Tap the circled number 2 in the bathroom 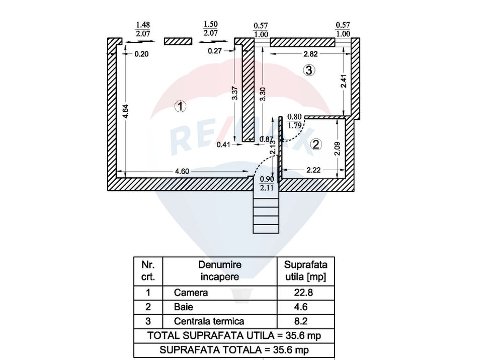pyautogui.click(x=315, y=145)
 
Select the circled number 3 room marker pyautogui.click(x=309, y=70)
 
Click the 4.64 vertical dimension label pyautogui.click(x=126, y=111)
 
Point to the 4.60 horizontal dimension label pyautogui.click(x=182, y=171)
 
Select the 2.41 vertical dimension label pyautogui.click(x=344, y=82)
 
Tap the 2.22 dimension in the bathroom pyautogui.click(x=313, y=171)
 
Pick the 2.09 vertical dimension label pyautogui.click(x=337, y=148)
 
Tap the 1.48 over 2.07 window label pyautogui.click(x=143, y=29)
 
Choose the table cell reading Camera pyautogui.click(x=191, y=293)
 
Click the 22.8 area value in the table pyautogui.click(x=305, y=293)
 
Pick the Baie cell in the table pyautogui.click(x=184, y=307)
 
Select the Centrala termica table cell pyautogui.click(x=209, y=321)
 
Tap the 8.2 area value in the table pyautogui.click(x=305, y=321)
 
